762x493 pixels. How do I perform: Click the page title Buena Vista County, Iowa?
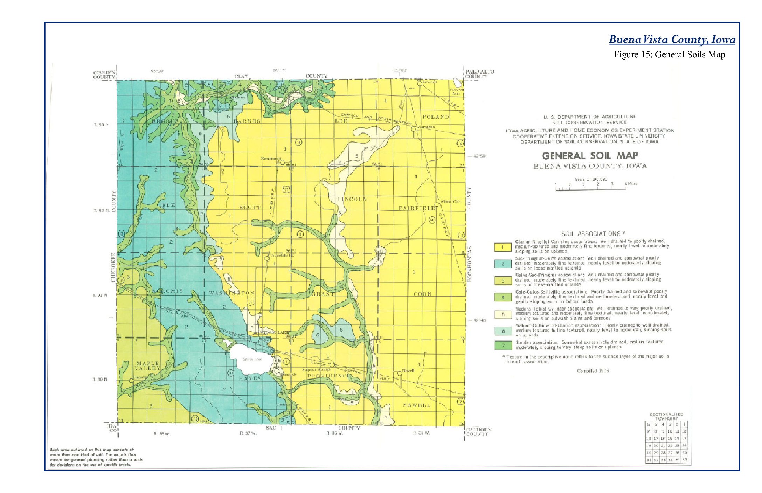coord(672,39)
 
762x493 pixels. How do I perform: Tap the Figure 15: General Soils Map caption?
coord(669,55)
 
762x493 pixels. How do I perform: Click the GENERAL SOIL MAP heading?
coord(590,155)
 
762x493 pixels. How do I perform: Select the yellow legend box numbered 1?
coord(503,247)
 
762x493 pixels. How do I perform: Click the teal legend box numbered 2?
coord(503,264)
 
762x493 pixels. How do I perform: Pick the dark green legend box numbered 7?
coord(503,345)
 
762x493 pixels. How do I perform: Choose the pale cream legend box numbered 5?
coord(503,314)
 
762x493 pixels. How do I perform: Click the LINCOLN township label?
coord(352,199)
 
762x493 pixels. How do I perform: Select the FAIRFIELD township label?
coord(418,208)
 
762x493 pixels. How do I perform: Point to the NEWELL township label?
coord(416,405)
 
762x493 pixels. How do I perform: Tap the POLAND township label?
coord(436,117)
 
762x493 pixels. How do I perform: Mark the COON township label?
coord(422,294)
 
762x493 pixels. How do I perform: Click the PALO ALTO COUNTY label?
coord(479,74)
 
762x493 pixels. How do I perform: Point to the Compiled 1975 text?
coord(593,370)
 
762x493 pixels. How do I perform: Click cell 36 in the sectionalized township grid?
coord(684,460)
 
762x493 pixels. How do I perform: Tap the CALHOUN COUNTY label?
coord(479,432)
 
